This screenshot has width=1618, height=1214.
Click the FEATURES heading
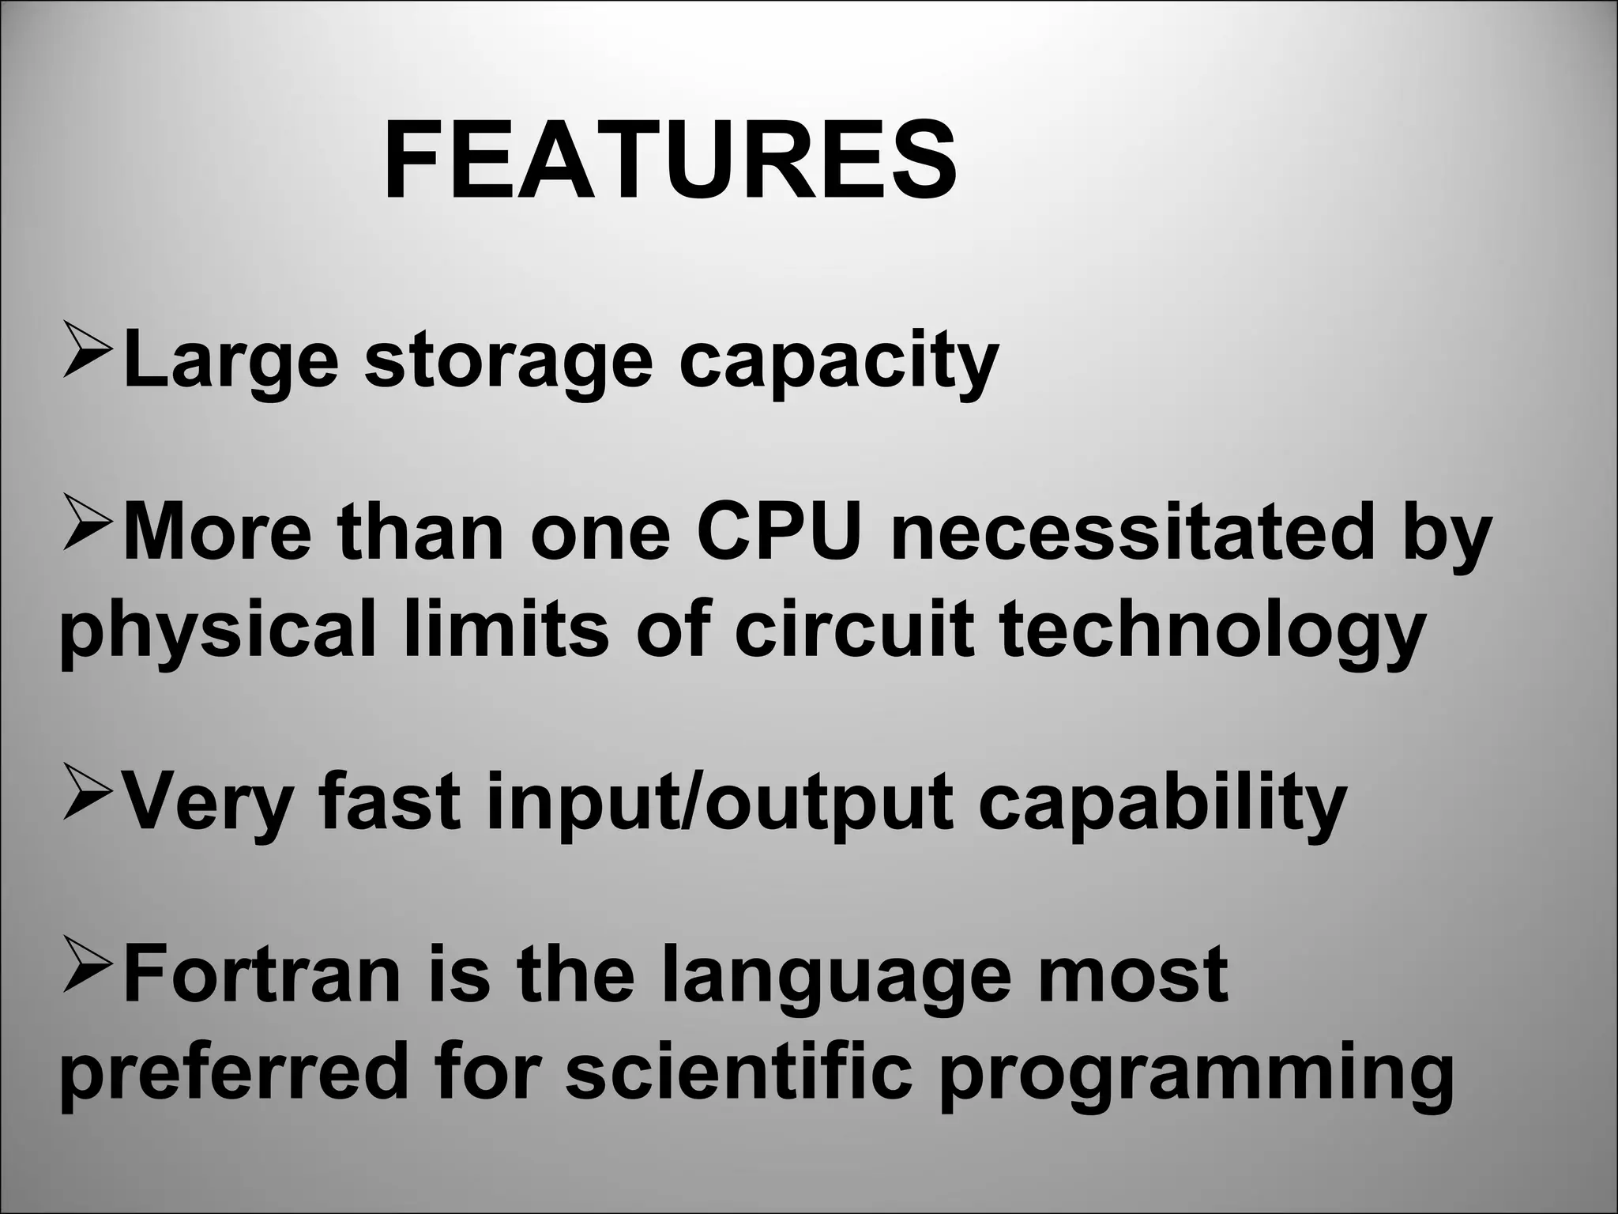coord(670,162)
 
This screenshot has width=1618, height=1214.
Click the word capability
coord(1162,802)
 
